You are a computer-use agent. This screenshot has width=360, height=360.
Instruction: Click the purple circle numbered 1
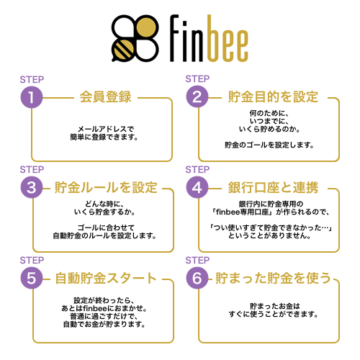(x=32, y=97)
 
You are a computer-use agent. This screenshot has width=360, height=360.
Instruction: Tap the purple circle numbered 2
(x=197, y=96)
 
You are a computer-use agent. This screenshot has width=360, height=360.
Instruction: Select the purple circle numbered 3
(x=32, y=187)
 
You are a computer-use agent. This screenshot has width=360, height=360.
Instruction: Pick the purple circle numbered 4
(x=197, y=187)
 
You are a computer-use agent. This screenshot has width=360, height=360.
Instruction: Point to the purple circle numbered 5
(x=32, y=278)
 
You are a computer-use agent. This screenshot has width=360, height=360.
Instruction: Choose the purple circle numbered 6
(x=197, y=278)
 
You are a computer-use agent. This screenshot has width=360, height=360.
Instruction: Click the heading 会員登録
(x=106, y=97)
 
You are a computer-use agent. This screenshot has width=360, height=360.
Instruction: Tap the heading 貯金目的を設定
(x=273, y=96)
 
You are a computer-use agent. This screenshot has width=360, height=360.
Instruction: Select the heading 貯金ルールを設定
(x=106, y=187)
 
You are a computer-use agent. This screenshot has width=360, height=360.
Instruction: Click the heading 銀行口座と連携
(x=273, y=187)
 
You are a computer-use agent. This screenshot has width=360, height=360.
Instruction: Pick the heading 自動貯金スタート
(x=106, y=278)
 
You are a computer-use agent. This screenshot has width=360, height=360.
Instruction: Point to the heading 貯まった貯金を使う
(x=273, y=278)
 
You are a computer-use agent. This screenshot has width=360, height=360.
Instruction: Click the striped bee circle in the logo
(x=123, y=50)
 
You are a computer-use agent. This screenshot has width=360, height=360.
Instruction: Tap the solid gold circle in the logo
(x=146, y=27)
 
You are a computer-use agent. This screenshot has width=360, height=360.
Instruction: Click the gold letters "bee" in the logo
(x=228, y=38)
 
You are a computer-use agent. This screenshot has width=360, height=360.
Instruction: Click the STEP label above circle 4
(x=197, y=170)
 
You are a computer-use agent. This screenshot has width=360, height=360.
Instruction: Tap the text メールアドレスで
(x=106, y=129)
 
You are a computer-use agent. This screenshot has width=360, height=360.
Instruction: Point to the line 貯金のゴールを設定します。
(x=269, y=145)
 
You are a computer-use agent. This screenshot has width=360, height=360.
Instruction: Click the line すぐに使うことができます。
(x=273, y=314)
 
